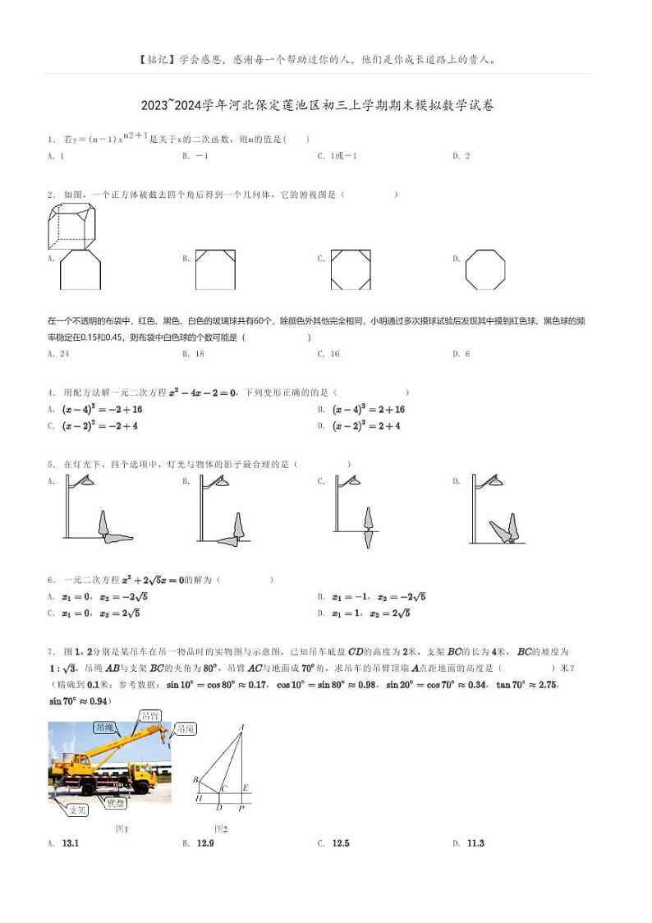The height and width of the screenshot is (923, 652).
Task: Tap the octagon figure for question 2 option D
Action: [x=484, y=269]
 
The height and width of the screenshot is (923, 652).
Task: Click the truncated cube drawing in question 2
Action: [x=71, y=226]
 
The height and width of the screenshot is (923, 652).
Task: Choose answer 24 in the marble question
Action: [x=64, y=354]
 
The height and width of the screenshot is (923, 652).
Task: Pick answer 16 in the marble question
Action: [x=333, y=354]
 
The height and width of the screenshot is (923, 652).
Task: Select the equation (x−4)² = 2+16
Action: [x=369, y=409]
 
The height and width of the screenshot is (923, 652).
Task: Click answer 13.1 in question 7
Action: [x=70, y=843]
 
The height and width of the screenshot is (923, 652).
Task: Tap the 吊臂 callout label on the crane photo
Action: [x=150, y=716]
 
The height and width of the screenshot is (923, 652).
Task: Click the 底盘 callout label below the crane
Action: [x=115, y=803]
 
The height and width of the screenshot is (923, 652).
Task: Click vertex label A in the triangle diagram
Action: [x=241, y=727]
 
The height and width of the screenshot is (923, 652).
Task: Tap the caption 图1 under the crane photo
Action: [x=122, y=829]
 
